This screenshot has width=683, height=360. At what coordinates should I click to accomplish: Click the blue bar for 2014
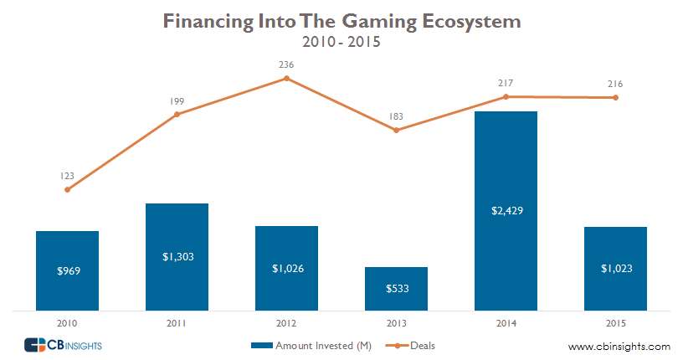pyautogui.click(x=506, y=167)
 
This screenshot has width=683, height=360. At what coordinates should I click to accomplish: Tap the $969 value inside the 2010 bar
pyautogui.click(x=67, y=271)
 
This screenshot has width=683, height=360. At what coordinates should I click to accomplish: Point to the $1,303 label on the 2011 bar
pyautogui.click(x=177, y=257)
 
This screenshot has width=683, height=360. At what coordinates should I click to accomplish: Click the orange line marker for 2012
pyautogui.click(x=286, y=78)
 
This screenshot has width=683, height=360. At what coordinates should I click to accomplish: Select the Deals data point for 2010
pyautogui.click(x=67, y=189)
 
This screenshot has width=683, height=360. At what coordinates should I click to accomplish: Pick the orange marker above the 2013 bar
pyautogui.click(x=396, y=130)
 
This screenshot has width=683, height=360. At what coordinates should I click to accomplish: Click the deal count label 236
pyautogui.click(x=286, y=64)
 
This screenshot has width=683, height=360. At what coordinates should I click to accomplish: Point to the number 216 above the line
pyautogui.click(x=615, y=84)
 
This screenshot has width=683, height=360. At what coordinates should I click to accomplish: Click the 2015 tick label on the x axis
pyautogui.click(x=615, y=322)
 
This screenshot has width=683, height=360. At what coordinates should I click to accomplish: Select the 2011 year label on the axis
pyautogui.click(x=177, y=322)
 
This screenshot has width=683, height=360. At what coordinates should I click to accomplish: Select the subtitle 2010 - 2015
pyautogui.click(x=341, y=41)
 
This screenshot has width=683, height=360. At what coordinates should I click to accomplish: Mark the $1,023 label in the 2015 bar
pyautogui.click(x=615, y=269)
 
